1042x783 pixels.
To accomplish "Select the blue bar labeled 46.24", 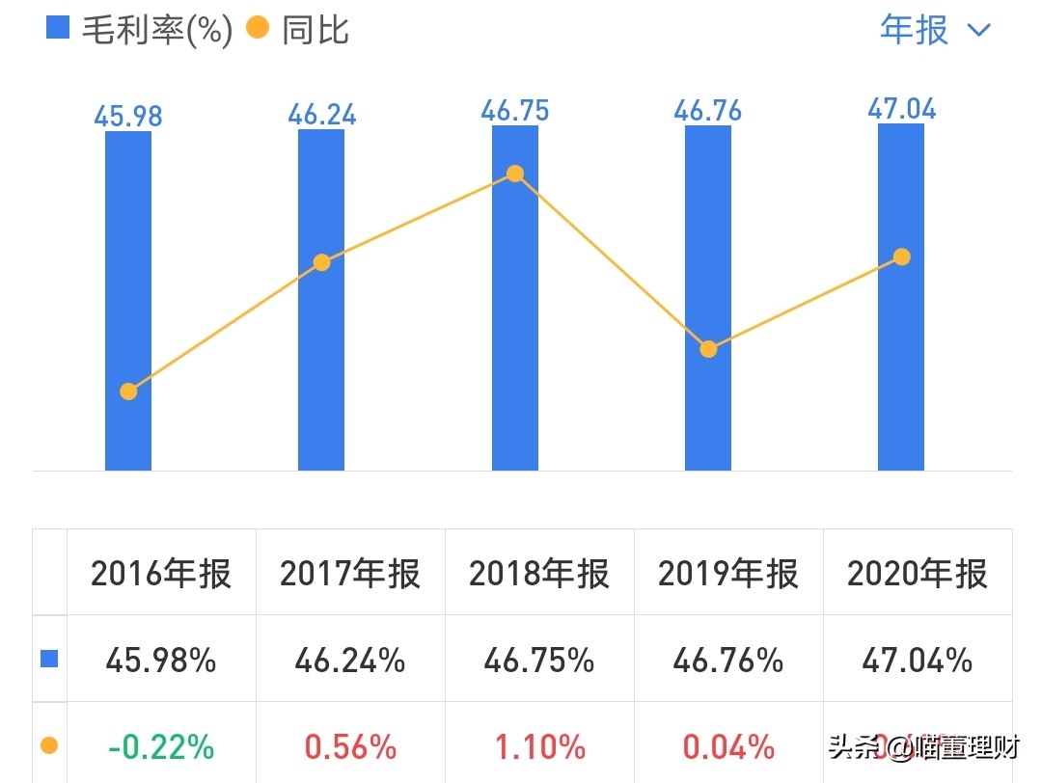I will coord(321,366).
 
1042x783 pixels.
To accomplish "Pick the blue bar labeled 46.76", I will coord(708,241).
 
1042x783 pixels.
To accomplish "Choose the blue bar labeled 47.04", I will coord(901,366).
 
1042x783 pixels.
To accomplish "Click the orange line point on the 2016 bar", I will coord(128,391).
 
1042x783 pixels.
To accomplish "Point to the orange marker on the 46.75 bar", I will coord(515,174).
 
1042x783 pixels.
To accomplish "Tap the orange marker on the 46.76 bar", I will coord(708,349).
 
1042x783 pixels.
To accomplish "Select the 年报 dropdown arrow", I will coord(978,31).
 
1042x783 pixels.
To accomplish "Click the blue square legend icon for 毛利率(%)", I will coord(58,28).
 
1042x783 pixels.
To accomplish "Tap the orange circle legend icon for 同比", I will coord(258,28).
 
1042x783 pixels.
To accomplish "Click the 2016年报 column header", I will coord(161,574).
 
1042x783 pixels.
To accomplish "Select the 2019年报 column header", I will coord(728,574).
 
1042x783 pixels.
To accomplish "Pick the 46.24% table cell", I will coord(350,661).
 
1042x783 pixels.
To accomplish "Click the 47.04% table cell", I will coord(918,661).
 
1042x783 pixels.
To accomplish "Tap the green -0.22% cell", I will coord(161,746).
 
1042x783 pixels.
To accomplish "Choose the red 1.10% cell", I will coord(539,746).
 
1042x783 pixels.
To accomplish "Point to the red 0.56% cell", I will coord(350,746).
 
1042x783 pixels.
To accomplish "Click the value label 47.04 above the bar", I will coord(901,109).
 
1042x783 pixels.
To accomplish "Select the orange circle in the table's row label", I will coord(49,745).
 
